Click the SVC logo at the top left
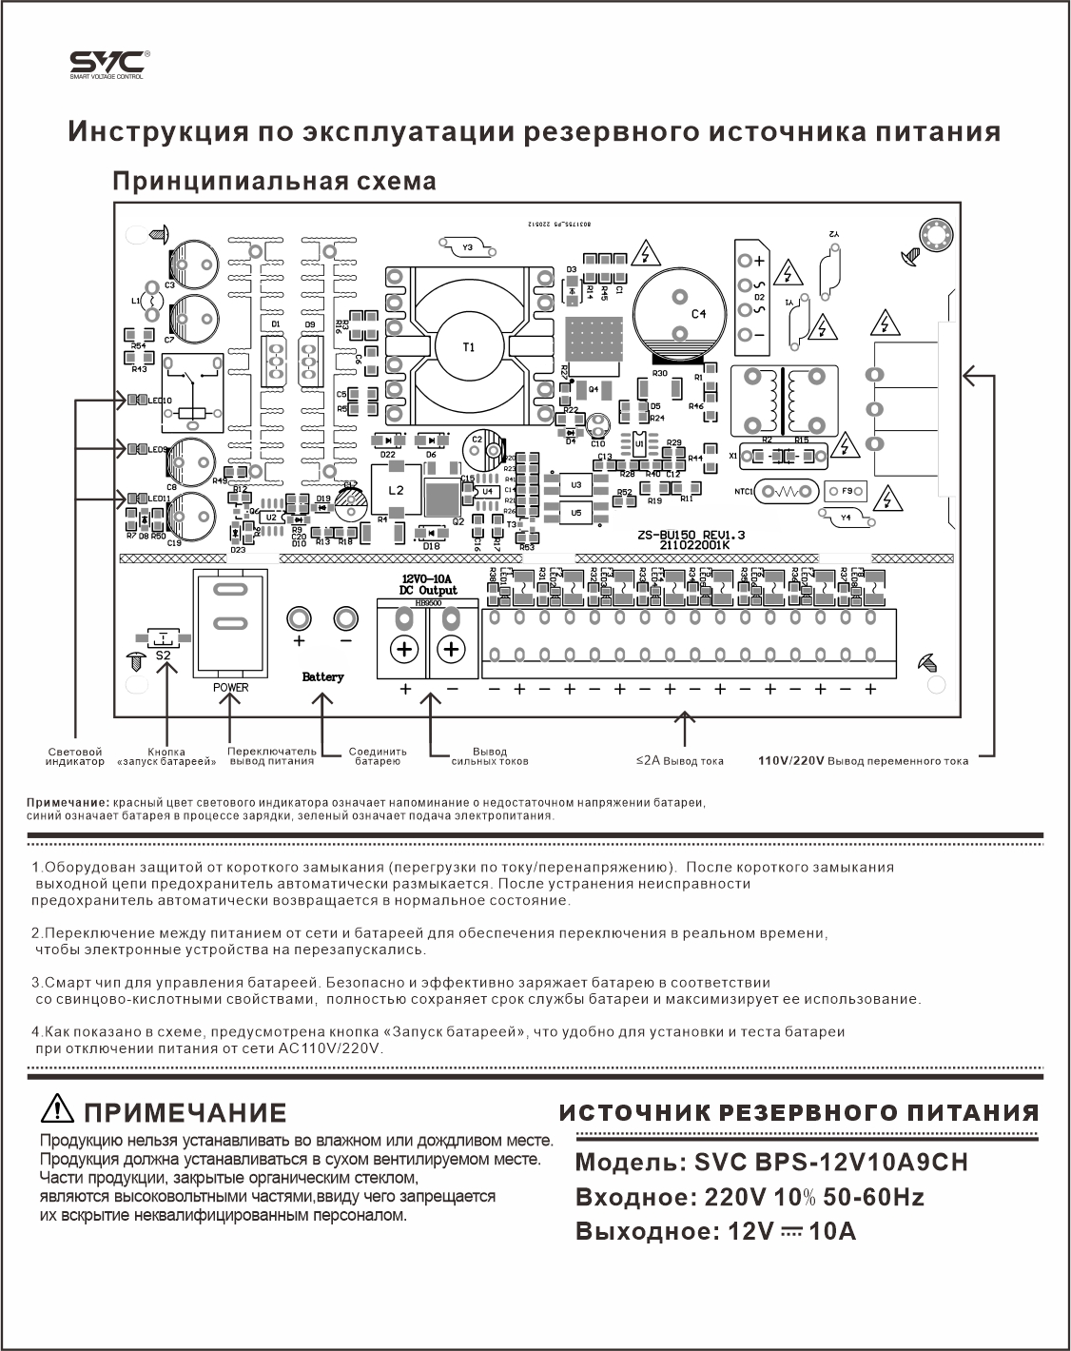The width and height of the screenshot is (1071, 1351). [x=107, y=65]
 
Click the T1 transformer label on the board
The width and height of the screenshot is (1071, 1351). [x=468, y=347]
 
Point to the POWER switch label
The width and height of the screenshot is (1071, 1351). [x=231, y=687]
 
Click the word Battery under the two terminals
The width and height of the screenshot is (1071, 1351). [x=322, y=676]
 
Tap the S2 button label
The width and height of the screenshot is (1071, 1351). [x=163, y=656]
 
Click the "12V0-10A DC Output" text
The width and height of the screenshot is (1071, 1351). [x=429, y=584]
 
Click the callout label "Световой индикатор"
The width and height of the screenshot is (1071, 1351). [x=74, y=756]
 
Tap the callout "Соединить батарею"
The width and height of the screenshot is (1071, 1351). [x=377, y=756]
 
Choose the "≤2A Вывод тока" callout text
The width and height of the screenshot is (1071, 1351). [x=680, y=761]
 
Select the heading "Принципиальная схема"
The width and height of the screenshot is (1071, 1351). [x=275, y=181]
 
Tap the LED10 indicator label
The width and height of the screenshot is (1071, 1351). [x=159, y=400]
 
